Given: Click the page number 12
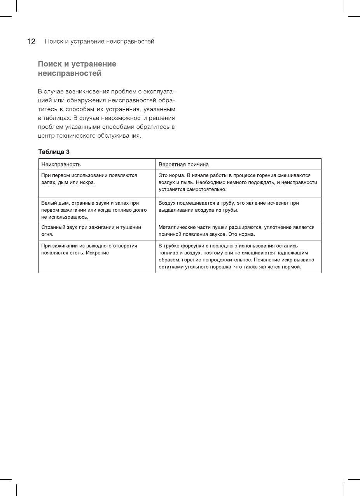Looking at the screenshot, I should [31, 42].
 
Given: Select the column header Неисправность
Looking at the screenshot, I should [61, 164].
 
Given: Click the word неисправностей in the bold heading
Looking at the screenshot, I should [70, 73].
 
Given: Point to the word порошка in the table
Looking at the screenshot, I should [220, 267].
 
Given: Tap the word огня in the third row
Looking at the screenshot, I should [47, 235].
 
